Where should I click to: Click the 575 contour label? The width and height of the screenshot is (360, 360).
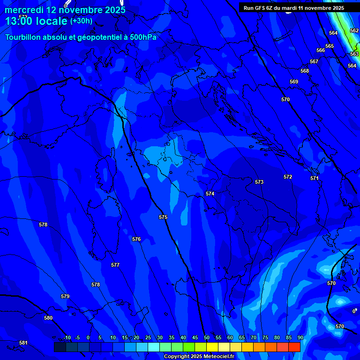click(163, 217)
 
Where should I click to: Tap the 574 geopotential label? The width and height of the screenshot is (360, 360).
click(210, 194)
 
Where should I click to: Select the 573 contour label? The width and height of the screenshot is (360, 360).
click(259, 182)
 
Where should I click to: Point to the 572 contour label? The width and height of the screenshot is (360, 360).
click(288, 177)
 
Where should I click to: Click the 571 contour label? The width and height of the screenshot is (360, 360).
click(315, 178)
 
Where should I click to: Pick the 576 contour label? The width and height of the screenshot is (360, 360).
click(136, 239)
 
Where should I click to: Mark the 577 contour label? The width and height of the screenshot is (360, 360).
click(115, 265)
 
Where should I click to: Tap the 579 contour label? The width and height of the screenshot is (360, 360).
click(65, 296)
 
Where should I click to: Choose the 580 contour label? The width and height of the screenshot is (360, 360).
click(48, 318)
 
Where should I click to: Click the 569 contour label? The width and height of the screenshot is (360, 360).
click(294, 82)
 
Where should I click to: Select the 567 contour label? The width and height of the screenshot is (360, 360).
click(314, 61)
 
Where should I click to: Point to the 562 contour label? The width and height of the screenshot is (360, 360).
click(354, 30)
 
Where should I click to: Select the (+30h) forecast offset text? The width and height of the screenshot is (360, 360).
click(81, 21)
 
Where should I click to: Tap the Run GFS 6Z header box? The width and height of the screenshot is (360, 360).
click(294, 8)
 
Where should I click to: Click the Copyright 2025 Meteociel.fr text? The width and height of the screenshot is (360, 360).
click(199, 356)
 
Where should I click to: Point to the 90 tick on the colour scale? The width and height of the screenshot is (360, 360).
click(300, 337)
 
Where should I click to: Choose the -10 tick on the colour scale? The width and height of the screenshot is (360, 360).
click(67, 337)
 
